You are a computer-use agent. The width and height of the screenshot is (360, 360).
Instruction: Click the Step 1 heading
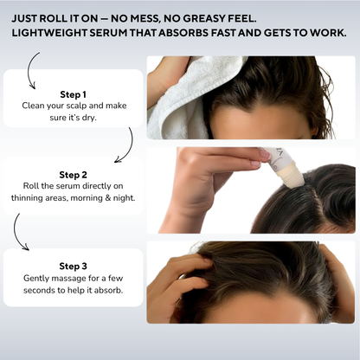[73, 93]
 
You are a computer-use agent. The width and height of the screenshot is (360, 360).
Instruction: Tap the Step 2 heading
[73, 173]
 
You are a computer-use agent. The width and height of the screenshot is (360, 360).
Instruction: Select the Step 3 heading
[73, 267]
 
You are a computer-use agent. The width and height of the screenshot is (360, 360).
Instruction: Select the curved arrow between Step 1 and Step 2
[127, 145]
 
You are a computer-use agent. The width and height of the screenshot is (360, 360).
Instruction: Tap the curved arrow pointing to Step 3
[18, 232]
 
